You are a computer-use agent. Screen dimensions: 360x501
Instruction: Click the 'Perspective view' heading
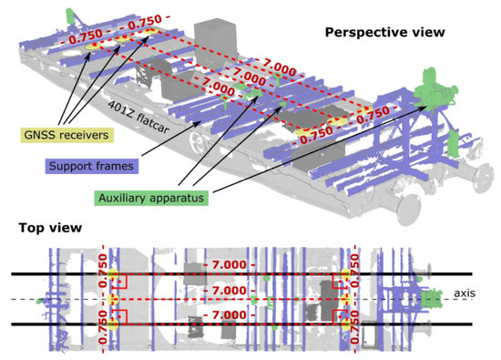tap(384, 32)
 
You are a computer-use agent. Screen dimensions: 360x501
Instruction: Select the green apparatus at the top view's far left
tap(38, 299)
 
